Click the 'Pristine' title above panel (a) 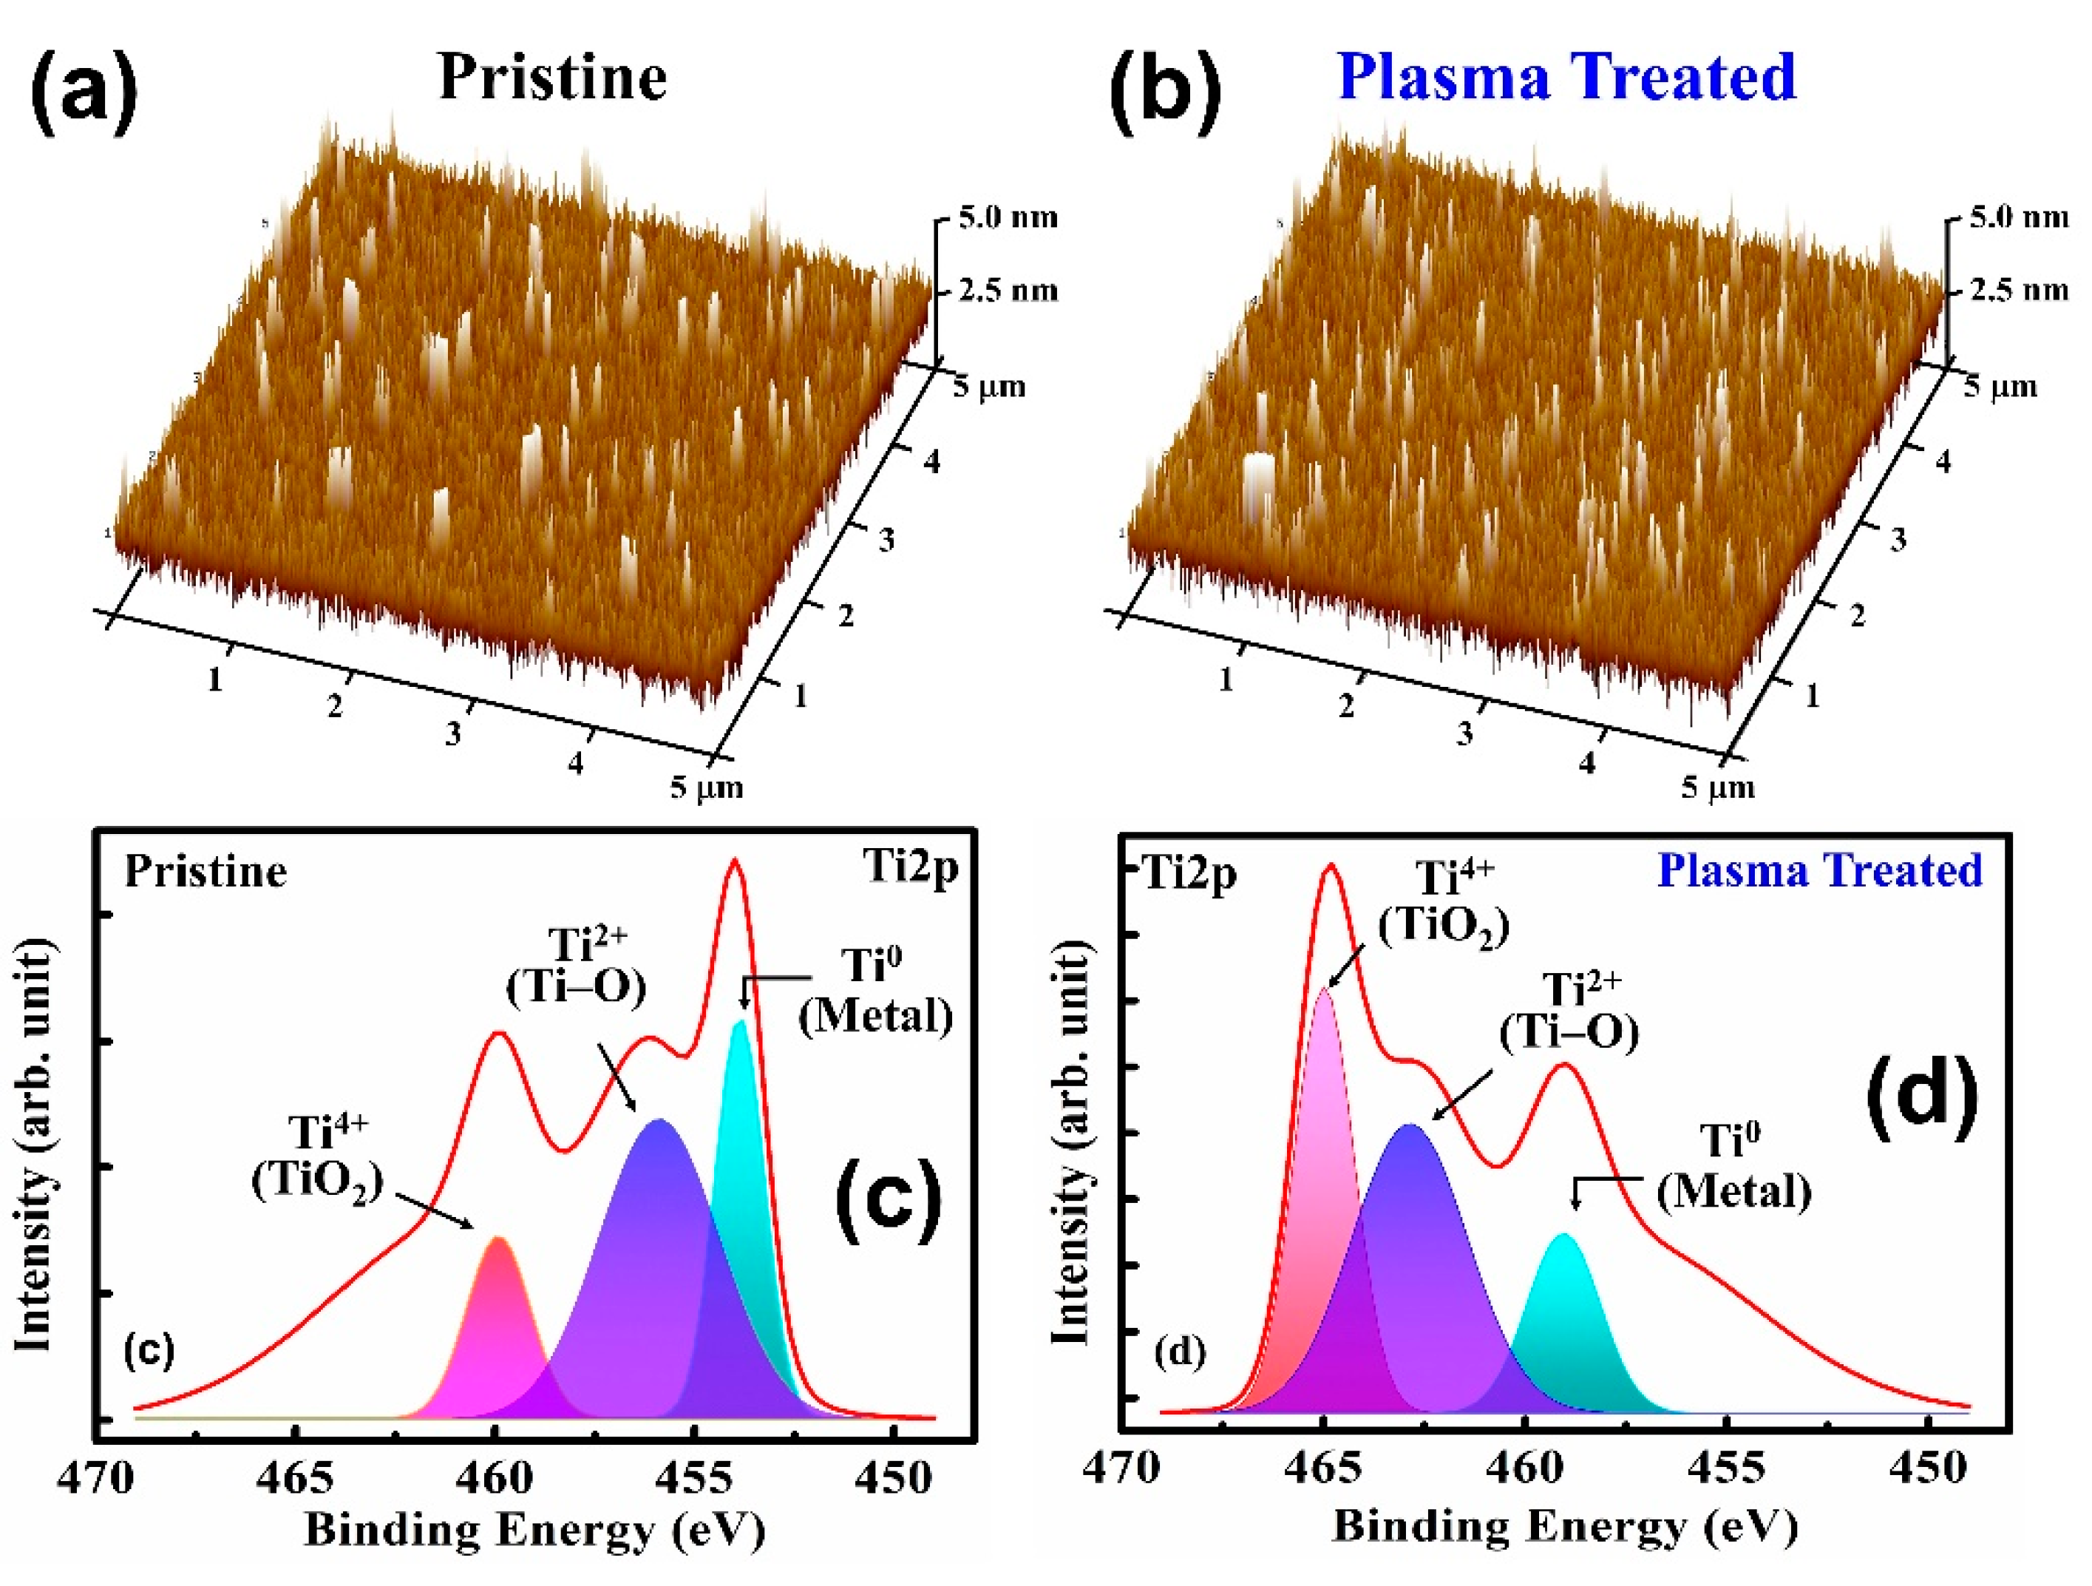click(x=553, y=78)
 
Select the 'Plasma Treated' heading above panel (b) click(x=1567, y=78)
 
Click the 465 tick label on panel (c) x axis click(x=295, y=1477)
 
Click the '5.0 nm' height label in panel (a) click(x=1008, y=217)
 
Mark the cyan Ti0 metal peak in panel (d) click(x=1563, y=1324)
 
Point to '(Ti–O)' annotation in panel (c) click(x=576, y=987)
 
